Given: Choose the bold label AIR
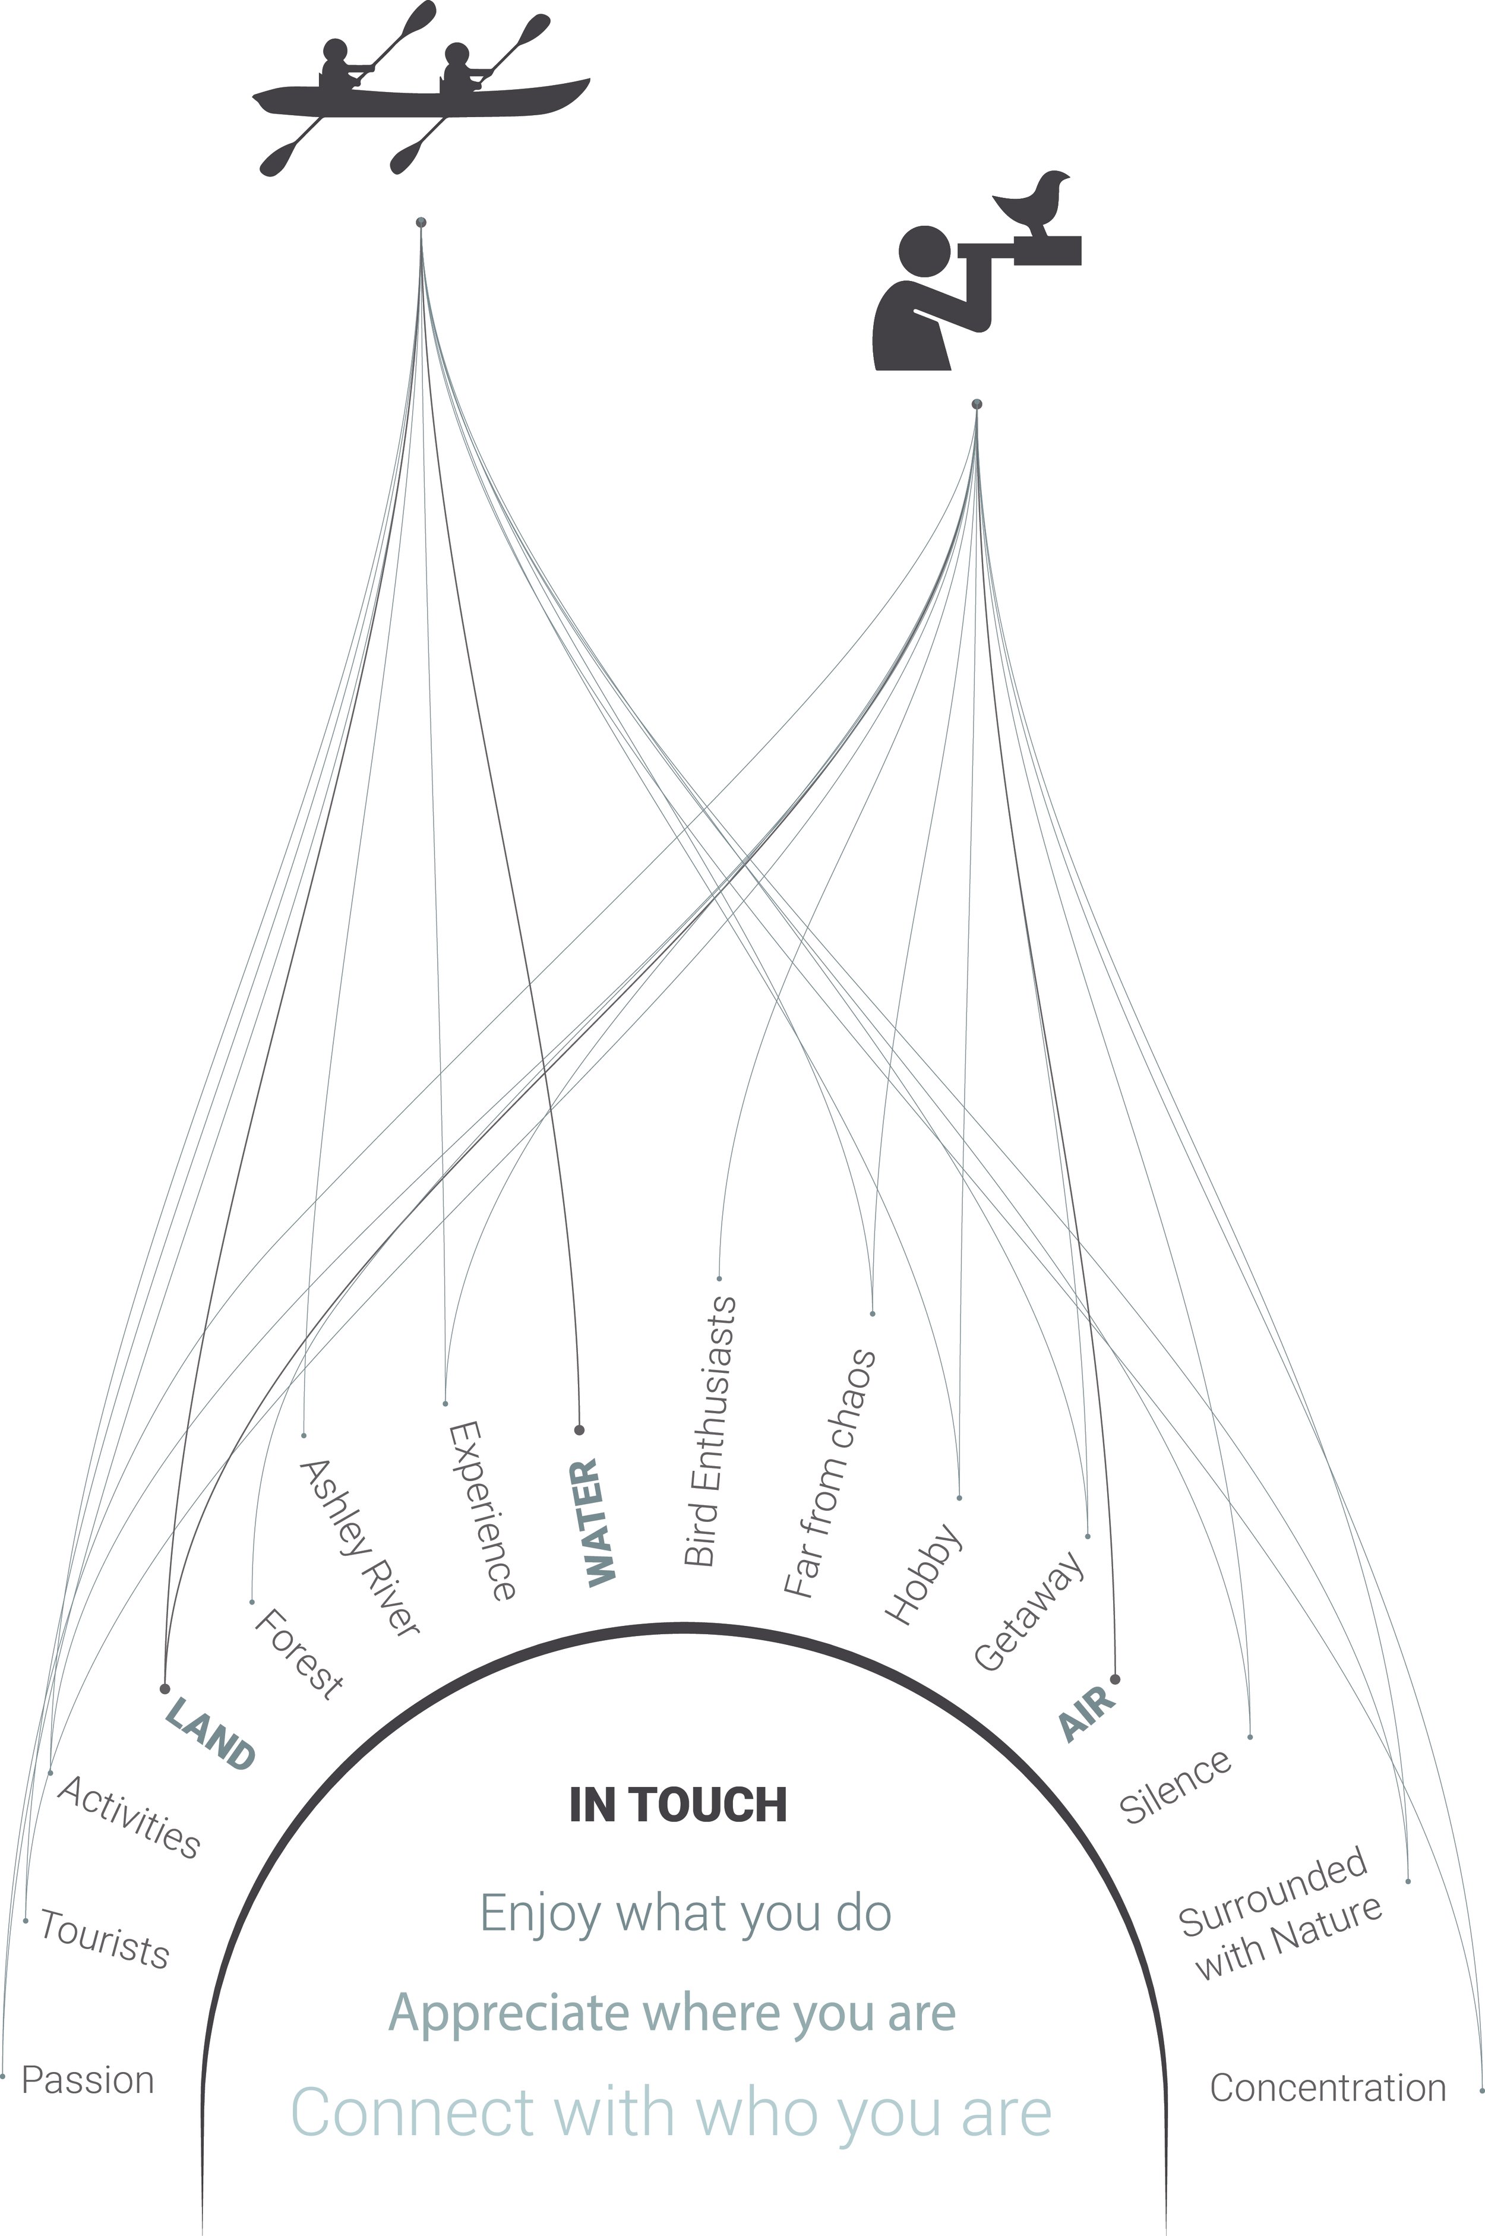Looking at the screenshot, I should (x=1087, y=1711).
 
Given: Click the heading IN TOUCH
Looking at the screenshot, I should (x=678, y=1805).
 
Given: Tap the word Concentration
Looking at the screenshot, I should (x=1328, y=2087).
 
